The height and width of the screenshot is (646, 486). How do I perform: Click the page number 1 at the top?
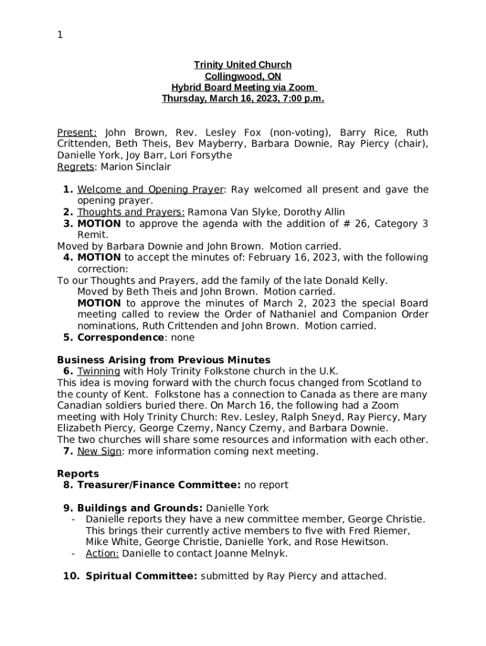coord(60,35)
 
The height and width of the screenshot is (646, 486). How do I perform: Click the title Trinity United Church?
coord(242,65)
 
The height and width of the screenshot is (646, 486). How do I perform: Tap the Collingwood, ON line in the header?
coord(242,76)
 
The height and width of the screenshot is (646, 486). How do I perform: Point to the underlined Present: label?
coord(77,132)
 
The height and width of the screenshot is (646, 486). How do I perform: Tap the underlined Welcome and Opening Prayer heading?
coord(150,189)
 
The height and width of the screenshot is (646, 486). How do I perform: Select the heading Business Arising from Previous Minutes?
coord(163,360)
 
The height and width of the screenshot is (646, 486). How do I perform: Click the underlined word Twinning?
coord(98,372)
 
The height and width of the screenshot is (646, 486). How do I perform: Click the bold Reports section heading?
coord(78,474)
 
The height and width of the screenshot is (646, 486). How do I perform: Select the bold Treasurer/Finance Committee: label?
coord(158,485)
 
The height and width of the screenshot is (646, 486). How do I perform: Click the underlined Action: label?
coord(102,553)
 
